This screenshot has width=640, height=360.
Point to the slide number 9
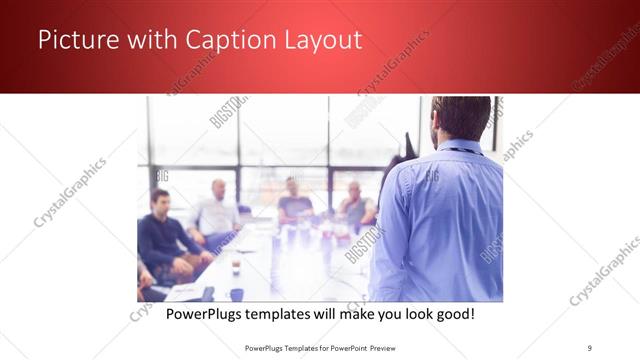click(x=589, y=347)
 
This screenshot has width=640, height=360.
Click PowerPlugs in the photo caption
click(x=204, y=313)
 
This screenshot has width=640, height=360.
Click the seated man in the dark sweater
click(x=160, y=235)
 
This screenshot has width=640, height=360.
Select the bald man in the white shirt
click(x=216, y=211)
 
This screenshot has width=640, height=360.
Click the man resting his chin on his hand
click(x=355, y=205)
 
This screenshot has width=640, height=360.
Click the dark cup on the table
click(x=237, y=294)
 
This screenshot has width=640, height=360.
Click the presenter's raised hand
click(x=404, y=145)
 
